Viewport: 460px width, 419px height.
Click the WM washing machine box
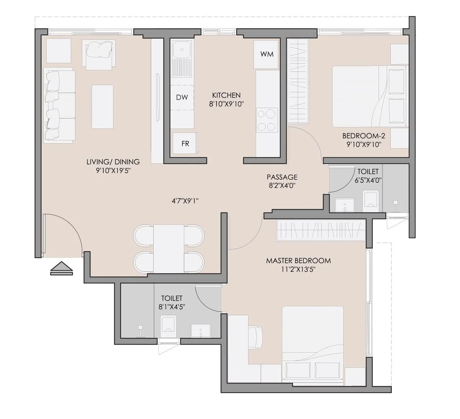point(266,54)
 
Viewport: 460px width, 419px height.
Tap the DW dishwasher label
point(182,97)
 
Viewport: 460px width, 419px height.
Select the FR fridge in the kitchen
point(185,144)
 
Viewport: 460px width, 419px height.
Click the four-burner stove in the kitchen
point(267,120)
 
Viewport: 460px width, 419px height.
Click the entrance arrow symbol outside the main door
point(61,268)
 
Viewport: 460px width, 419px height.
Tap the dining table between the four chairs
point(168,248)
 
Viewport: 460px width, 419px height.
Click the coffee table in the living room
point(102,107)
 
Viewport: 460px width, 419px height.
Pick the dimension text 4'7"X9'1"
point(185,201)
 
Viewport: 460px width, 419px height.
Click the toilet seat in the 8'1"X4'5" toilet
point(168,325)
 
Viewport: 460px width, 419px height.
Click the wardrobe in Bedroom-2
point(298,81)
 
